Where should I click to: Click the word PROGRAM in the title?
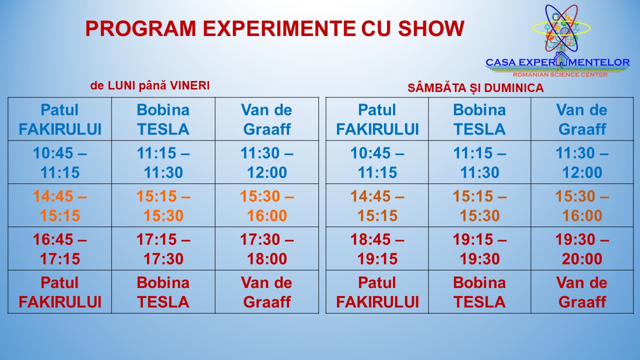tap(140, 28)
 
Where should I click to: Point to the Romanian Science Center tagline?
tap(560, 74)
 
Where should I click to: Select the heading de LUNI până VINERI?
tap(150, 85)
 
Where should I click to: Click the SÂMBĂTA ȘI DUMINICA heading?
tap(475, 87)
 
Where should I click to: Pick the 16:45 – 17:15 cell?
tap(59, 249)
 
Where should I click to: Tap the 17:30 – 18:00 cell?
tap(267, 249)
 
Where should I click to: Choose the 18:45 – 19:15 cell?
tap(377, 249)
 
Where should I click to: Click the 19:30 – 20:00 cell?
tap(582, 249)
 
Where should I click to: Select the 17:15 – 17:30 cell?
tap(163, 249)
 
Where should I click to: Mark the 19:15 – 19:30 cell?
tap(479, 249)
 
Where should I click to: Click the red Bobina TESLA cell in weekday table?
tap(163, 292)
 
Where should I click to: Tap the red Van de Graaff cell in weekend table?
tap(582, 292)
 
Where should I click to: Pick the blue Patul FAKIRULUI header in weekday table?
tap(59, 119)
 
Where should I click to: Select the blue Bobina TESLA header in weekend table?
tap(479, 119)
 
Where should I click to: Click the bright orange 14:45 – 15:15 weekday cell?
tap(59, 205)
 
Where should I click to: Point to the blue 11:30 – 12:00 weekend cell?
tap(582, 162)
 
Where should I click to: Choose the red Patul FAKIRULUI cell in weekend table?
tap(377, 292)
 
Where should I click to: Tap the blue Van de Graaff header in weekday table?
tap(267, 119)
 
